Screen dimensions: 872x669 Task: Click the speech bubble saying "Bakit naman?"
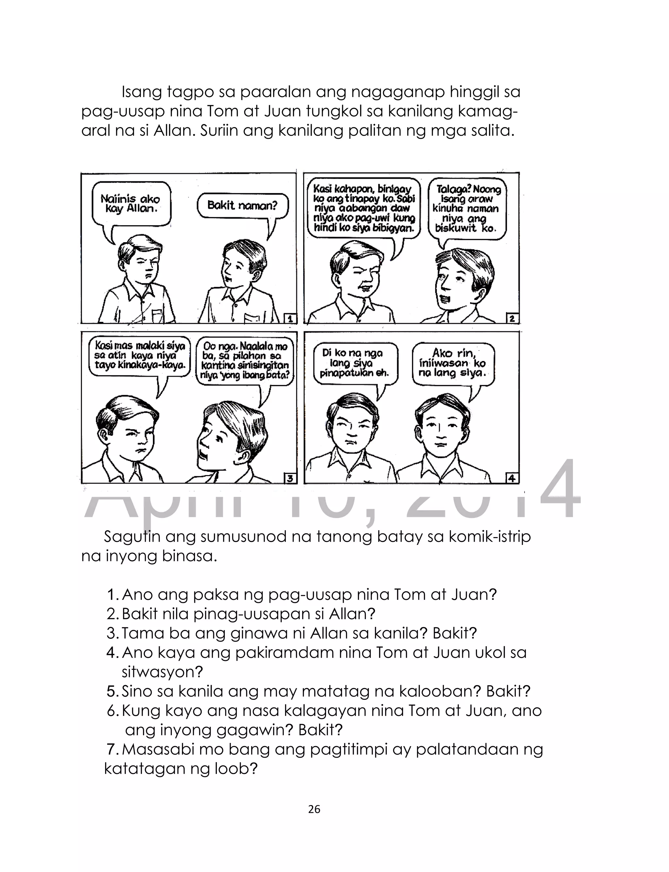coord(242,206)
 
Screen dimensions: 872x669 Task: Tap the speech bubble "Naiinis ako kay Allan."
coord(131,204)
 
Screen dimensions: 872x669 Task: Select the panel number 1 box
coord(290,318)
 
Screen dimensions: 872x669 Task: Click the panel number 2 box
coord(512,318)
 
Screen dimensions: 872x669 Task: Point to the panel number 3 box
coord(290,478)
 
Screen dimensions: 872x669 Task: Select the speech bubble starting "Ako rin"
coord(453,363)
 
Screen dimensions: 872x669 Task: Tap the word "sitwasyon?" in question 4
coord(162,672)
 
